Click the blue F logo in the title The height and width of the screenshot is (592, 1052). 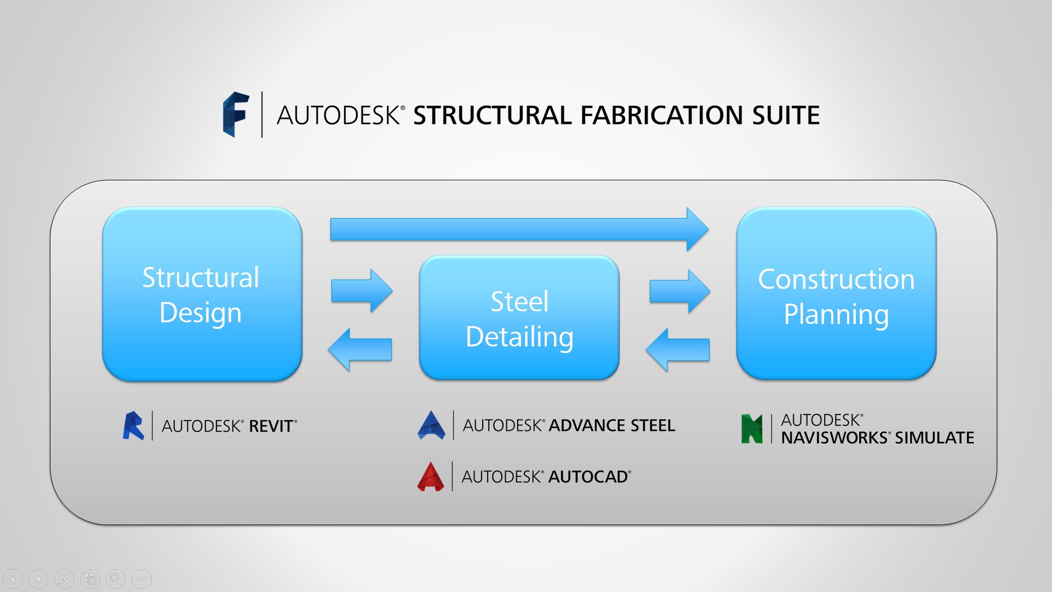click(236, 114)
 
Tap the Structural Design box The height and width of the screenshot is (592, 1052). click(202, 294)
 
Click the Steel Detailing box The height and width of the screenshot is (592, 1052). click(519, 318)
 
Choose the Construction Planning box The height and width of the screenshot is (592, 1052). click(836, 294)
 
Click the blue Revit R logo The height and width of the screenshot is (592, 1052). click(133, 426)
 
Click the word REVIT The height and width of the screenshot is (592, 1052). click(271, 426)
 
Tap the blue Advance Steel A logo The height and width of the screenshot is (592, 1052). click(432, 425)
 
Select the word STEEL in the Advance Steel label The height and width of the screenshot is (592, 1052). click(653, 426)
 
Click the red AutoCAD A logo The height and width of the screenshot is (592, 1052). click(431, 476)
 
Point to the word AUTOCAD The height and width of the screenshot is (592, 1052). click(588, 477)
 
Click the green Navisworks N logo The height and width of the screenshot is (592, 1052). click(752, 429)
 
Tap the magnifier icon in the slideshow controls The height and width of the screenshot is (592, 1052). click(116, 579)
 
